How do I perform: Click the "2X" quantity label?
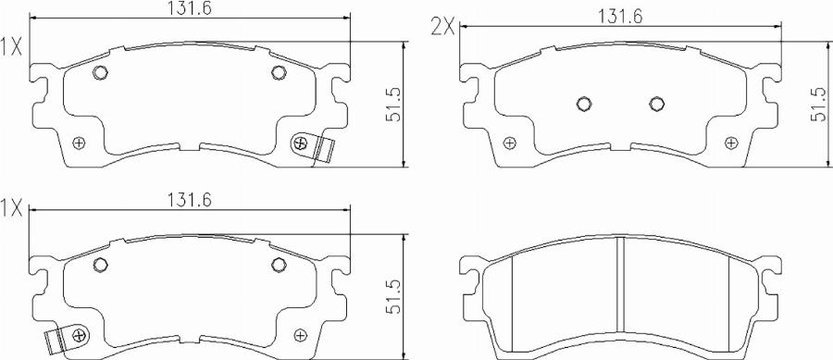click(x=442, y=26)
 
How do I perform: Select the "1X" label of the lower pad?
click(x=12, y=208)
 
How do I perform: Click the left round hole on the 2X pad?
click(x=584, y=104)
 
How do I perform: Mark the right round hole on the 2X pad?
click(x=657, y=104)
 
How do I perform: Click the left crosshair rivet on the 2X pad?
click(x=508, y=142)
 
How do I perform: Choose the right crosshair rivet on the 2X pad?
click(x=732, y=142)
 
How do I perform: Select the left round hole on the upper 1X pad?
click(x=101, y=74)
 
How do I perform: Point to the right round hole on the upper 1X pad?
click(x=278, y=74)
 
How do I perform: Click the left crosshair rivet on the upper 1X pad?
click(x=79, y=142)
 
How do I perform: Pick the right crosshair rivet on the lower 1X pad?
click(x=300, y=334)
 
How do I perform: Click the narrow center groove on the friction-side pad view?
click(x=621, y=296)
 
